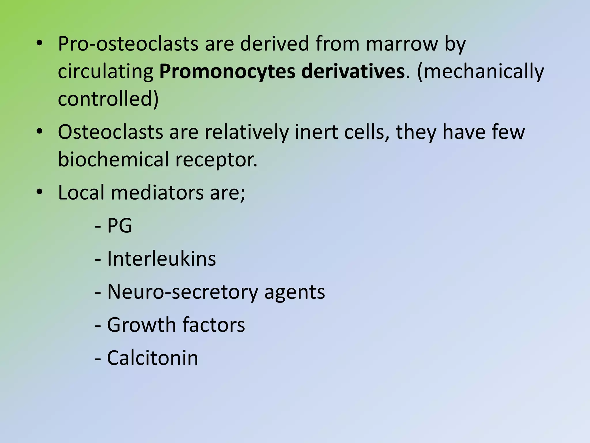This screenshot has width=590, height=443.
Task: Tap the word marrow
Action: tap(402, 44)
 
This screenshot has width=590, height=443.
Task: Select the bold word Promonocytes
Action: tap(227, 72)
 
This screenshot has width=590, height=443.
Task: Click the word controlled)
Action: tap(108, 99)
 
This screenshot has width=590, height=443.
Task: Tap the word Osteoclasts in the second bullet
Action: tap(110, 132)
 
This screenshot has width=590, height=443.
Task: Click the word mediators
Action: tap(157, 192)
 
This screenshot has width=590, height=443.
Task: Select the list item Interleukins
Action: tap(161, 258)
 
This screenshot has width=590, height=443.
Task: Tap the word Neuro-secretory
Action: tap(182, 292)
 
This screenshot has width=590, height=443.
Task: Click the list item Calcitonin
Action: tap(152, 358)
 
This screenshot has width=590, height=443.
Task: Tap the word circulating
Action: tap(106, 72)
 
